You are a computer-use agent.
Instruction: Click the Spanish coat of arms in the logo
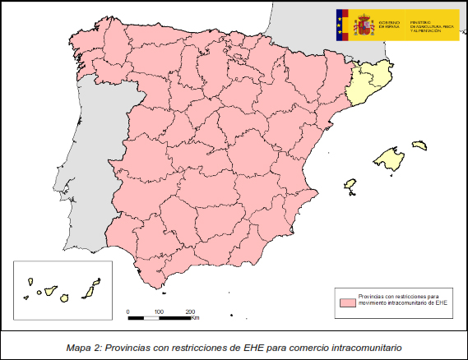click(x=363, y=25)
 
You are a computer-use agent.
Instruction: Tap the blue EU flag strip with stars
click(x=342, y=25)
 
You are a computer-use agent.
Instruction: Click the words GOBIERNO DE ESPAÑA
click(x=389, y=24)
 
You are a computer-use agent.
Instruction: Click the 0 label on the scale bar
click(x=128, y=312)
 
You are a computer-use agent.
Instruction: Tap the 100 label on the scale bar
click(x=159, y=312)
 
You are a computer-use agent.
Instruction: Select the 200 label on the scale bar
click(x=190, y=312)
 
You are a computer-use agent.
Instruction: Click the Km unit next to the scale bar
click(x=196, y=318)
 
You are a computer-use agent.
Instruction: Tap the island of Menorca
click(x=419, y=145)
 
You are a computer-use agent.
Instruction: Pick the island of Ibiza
click(x=352, y=185)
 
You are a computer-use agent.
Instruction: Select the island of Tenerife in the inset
click(x=50, y=291)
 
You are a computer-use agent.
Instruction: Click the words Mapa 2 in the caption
click(x=85, y=348)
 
